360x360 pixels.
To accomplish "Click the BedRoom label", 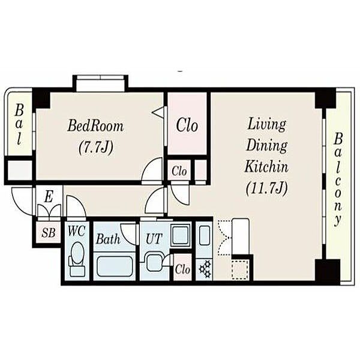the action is [x=95, y=126].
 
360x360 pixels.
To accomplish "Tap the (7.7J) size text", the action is [x=96, y=147].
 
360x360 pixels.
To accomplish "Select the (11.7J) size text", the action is [x=266, y=189].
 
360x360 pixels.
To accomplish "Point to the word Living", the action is [x=267, y=125].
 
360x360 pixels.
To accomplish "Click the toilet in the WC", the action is [x=77, y=259].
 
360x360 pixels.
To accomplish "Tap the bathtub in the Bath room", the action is [x=115, y=266].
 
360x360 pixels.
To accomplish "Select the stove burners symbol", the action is [x=205, y=268].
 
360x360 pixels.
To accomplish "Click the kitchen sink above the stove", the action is [x=204, y=235].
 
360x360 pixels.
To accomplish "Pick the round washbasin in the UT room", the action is [x=154, y=262].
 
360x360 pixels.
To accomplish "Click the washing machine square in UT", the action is [x=181, y=235].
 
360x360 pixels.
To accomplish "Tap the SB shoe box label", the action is [x=49, y=233].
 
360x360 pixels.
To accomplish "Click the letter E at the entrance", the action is [x=49, y=197].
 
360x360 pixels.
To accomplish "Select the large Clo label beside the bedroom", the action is [x=187, y=125].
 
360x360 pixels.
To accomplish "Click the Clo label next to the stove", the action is [x=182, y=269].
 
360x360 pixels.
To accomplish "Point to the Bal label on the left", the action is [x=19, y=124].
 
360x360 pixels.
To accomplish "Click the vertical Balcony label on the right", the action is [x=338, y=179].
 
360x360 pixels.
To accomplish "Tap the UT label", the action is [x=154, y=239].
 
